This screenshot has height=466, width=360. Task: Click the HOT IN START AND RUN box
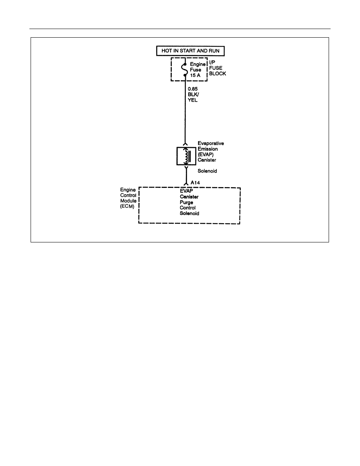191,51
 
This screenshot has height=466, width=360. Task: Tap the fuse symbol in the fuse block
185,70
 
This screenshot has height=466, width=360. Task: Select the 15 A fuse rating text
195,75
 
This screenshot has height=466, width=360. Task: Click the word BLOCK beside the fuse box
217,73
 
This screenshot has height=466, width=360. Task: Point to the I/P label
212,62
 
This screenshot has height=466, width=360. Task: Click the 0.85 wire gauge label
193,89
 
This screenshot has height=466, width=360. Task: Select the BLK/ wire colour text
193,95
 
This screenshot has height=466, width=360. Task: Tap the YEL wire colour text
193,100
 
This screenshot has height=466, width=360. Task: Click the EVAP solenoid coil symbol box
186,156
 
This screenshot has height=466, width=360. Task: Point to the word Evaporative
211,143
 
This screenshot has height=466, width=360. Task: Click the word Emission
207,149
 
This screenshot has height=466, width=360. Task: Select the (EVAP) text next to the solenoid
205,155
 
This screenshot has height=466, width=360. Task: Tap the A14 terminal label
195,182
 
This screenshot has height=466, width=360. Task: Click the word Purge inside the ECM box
186,202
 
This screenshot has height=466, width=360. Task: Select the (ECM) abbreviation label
127,207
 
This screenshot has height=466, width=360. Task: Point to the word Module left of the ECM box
128,201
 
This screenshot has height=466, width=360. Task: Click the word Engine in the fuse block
198,64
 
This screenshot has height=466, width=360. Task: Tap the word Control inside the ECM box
188,208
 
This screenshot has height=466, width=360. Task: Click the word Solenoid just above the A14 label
207,171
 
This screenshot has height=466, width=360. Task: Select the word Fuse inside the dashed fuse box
195,70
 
